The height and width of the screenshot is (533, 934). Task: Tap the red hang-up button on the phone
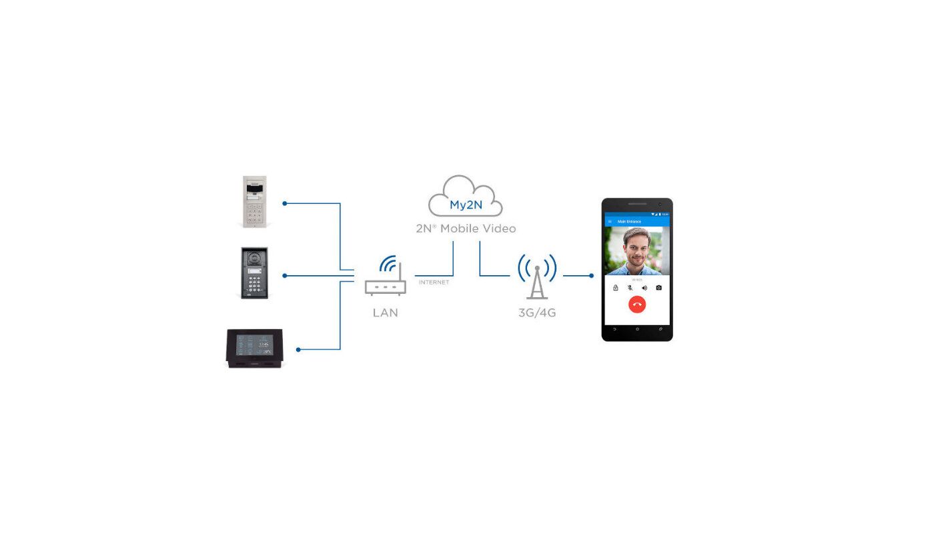pos(637,304)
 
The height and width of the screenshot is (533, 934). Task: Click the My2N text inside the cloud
pos(466,205)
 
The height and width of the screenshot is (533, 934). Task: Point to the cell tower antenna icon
pos(537,276)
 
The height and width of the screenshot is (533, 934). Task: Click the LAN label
pos(386,312)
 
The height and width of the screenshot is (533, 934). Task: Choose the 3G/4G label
pos(537,312)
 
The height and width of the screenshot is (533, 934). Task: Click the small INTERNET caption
pos(434,282)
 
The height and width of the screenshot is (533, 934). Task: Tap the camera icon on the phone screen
pos(658,288)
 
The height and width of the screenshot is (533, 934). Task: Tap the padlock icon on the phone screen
pos(615,288)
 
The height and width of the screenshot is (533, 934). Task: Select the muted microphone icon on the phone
pos(630,288)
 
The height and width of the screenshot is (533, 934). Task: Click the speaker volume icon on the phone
pos(644,288)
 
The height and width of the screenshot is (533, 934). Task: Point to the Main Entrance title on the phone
pos(629,221)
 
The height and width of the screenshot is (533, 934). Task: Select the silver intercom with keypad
pos(255,202)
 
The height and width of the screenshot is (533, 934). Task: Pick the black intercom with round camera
pos(254,273)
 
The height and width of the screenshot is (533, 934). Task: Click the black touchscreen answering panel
pos(254,347)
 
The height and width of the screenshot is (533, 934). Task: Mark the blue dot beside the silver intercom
pos(284,203)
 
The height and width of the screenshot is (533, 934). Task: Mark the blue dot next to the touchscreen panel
pos(298,349)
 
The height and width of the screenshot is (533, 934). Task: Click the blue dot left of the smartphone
pos(591,276)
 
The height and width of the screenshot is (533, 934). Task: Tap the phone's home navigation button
pos(637,329)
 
